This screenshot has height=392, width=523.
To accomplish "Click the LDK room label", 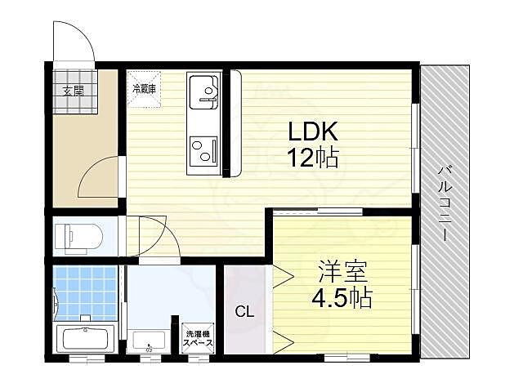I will tap(311, 131).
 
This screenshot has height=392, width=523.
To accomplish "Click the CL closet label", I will tap(244, 311).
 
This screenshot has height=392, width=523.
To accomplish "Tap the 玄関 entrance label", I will tap(73, 91).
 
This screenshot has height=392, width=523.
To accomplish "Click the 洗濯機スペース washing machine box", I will tap(199, 339).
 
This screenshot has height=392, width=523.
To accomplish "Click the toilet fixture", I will tap(78, 237).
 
